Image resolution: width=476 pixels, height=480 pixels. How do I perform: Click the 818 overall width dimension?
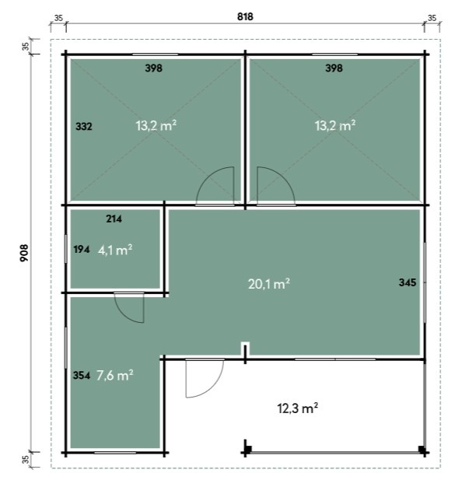tap(245, 16)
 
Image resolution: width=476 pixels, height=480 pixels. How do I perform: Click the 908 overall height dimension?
tap(24, 253)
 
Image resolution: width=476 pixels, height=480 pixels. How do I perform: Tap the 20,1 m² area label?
tap(269, 284)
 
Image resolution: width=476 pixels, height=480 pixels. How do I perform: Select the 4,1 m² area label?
tap(115, 250)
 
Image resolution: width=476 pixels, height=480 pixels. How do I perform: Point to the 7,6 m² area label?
tap(115, 375)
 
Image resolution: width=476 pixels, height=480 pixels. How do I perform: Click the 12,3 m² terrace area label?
tap(298, 408)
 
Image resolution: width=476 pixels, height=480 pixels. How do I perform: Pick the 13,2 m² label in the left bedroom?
tap(156, 125)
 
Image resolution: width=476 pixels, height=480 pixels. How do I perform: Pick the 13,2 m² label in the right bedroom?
tap(335, 125)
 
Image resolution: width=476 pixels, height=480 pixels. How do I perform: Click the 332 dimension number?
tap(84, 127)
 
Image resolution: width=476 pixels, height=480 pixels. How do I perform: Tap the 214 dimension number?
tap(114, 219)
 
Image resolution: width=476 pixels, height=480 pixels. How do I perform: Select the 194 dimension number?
tap(82, 250)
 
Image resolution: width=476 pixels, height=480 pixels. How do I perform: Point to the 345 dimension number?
tap(408, 282)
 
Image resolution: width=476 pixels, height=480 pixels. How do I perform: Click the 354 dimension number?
tap(82, 375)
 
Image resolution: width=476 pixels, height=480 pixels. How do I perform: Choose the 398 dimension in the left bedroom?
tap(154, 68)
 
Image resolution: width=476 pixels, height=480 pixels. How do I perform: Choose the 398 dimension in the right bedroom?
tap(334, 68)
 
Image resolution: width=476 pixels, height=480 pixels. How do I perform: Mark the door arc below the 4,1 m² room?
tap(122, 314)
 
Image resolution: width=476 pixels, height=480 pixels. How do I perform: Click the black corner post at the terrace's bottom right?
tap(422, 450)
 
